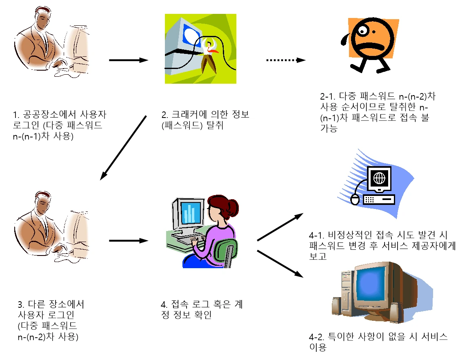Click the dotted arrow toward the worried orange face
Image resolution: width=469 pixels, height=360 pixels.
click(x=286, y=60)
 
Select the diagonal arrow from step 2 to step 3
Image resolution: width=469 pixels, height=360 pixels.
click(x=123, y=147)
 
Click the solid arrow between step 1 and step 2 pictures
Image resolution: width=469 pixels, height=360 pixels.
click(x=128, y=60)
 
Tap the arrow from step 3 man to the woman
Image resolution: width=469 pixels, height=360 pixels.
click(x=128, y=240)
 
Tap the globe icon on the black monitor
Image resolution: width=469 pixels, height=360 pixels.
click(x=379, y=178)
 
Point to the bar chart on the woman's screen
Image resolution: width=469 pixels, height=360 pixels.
click(x=189, y=213)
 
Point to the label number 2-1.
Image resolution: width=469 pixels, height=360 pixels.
click(x=327, y=97)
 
